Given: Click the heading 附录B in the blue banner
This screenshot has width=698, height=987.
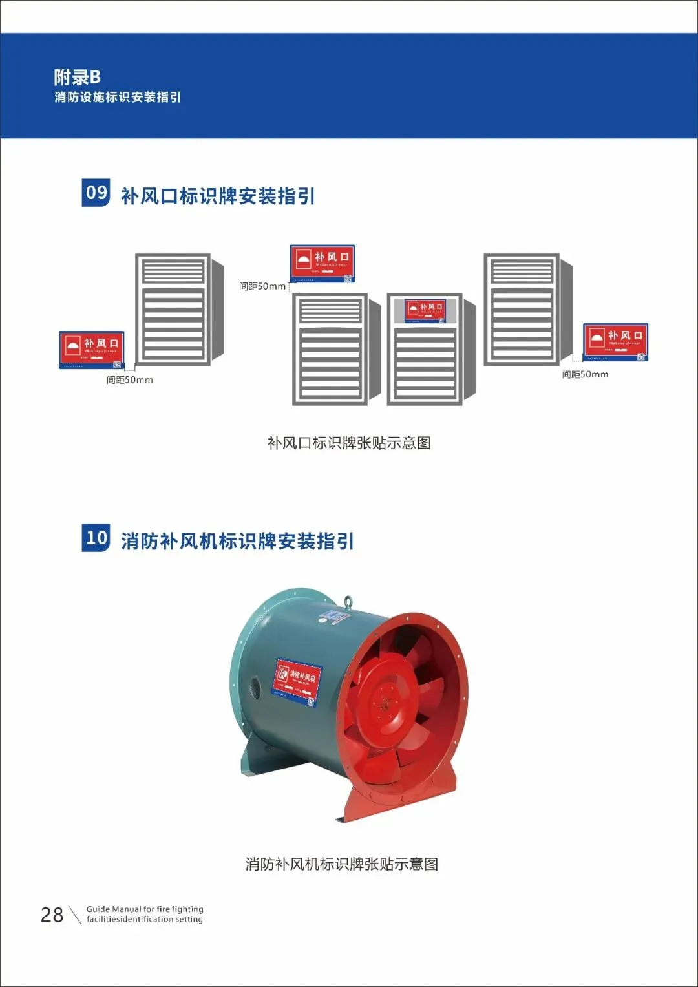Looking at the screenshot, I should tap(77, 77).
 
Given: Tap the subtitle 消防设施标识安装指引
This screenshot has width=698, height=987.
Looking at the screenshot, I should tap(117, 98).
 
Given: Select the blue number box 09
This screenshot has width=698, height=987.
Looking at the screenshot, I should tap(96, 193).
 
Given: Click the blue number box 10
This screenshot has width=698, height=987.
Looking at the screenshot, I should tap(96, 538).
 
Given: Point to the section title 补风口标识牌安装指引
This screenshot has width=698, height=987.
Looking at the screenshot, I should tap(218, 196).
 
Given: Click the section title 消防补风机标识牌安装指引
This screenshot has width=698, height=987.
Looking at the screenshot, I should tap(237, 541).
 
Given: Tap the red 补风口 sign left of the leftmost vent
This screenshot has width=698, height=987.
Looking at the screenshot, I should tap(91, 350).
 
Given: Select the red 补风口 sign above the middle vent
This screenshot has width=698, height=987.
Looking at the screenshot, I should tap(322, 264).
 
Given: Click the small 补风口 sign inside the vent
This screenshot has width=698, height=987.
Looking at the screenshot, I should tap(425, 310).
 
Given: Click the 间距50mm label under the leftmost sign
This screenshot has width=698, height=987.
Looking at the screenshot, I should tap(129, 380).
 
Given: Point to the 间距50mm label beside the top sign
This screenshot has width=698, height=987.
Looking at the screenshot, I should tap(262, 286).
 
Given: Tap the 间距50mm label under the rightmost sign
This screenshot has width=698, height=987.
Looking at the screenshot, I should tap(585, 374).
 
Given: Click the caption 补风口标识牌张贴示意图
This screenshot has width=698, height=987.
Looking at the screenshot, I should tap(349, 443).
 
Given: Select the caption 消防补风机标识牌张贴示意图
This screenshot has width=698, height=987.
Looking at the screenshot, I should tap(342, 864).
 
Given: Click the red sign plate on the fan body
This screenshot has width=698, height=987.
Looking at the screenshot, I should tap(297, 681).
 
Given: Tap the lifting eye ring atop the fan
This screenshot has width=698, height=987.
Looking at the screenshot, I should tap(348, 602).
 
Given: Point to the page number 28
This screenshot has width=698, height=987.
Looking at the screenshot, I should tap(52, 915).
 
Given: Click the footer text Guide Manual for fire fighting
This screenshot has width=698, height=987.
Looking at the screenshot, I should tap(145, 909).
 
